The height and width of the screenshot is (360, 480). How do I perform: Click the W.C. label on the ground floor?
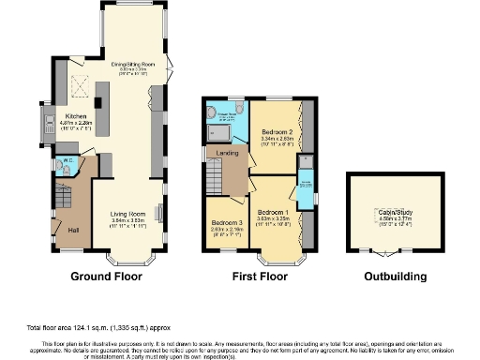[67, 160]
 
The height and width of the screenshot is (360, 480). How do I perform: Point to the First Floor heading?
[262, 277]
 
